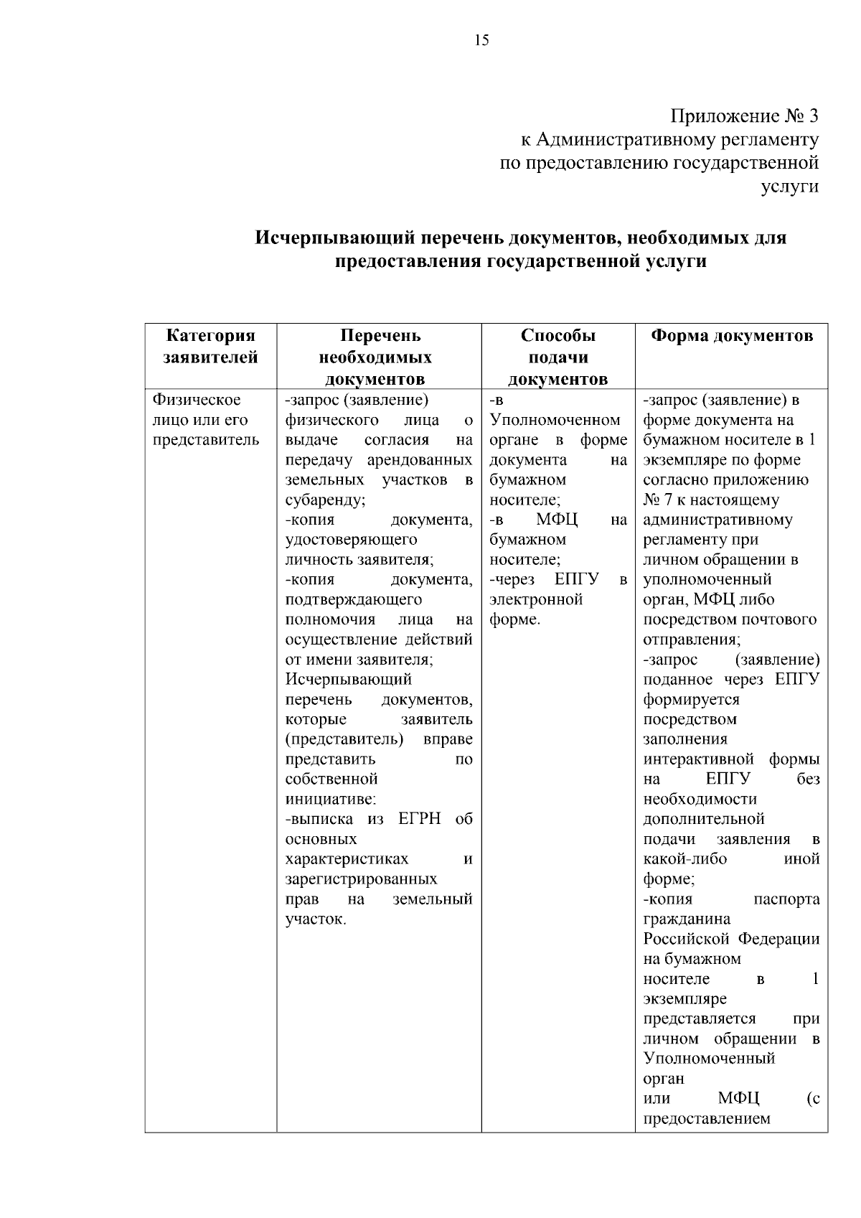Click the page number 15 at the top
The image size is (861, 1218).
point(481,40)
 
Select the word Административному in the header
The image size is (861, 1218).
point(617,139)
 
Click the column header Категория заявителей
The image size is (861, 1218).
point(211,347)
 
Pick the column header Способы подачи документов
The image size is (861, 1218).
point(557,357)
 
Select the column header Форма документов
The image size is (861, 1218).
point(731,336)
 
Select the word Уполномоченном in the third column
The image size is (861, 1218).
point(555,420)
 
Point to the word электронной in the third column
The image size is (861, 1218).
point(536,599)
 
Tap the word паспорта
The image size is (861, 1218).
point(786,899)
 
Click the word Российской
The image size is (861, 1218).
point(686,939)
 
